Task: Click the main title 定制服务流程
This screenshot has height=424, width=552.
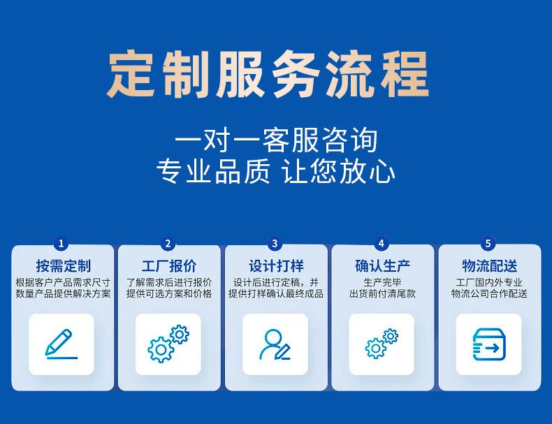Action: coord(268,75)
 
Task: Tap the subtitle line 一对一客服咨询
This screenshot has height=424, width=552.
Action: coord(276,140)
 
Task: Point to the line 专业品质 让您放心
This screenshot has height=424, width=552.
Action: coord(275,171)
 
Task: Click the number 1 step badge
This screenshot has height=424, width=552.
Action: coord(61,244)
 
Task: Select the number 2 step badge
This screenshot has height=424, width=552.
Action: coord(168,244)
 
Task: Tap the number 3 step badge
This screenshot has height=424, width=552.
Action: coord(275,244)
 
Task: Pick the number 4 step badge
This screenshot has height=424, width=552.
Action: coord(382,244)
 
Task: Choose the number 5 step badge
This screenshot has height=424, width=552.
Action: coord(488,244)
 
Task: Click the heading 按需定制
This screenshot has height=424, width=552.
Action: coord(64,266)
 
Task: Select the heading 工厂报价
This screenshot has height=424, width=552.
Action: coord(169,266)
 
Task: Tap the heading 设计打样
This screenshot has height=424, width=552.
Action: coord(277,266)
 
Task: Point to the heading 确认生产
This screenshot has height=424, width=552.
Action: coord(383,266)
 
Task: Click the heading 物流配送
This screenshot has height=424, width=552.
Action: coord(490,266)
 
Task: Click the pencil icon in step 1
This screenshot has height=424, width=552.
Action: coord(61,344)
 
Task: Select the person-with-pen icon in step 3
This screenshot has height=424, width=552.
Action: coord(275,344)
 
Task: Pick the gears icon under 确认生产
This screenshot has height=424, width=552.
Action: coord(382,344)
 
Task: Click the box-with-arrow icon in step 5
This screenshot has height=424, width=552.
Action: coord(488,344)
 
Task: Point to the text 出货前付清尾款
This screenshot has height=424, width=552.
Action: coord(383,293)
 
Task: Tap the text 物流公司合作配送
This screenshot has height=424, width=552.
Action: coord(489,293)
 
